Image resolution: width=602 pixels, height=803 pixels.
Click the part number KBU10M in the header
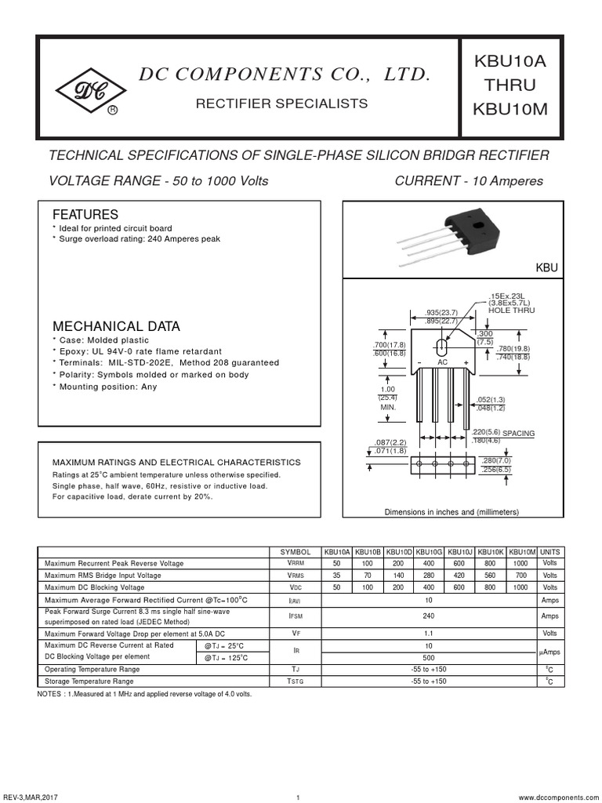(x=510, y=109)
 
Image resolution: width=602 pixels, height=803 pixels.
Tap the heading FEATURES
(x=85, y=215)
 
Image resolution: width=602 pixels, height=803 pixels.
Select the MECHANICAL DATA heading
(x=115, y=326)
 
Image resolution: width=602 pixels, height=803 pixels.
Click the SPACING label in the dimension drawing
(x=518, y=433)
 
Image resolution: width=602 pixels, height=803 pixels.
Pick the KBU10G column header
(x=430, y=552)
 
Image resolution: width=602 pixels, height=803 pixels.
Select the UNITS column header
(x=549, y=552)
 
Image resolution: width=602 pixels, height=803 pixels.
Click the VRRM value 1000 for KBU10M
(x=521, y=564)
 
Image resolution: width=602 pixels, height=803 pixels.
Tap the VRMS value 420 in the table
(x=460, y=576)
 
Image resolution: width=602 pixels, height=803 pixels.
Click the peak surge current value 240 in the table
(x=429, y=616)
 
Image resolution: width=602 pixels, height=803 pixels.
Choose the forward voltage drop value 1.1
(x=429, y=633)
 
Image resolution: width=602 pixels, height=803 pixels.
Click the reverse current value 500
(x=429, y=657)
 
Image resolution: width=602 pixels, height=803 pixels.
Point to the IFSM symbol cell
(x=296, y=616)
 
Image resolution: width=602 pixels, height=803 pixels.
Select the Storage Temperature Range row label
(x=89, y=681)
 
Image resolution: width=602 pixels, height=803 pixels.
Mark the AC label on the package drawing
(x=442, y=363)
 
